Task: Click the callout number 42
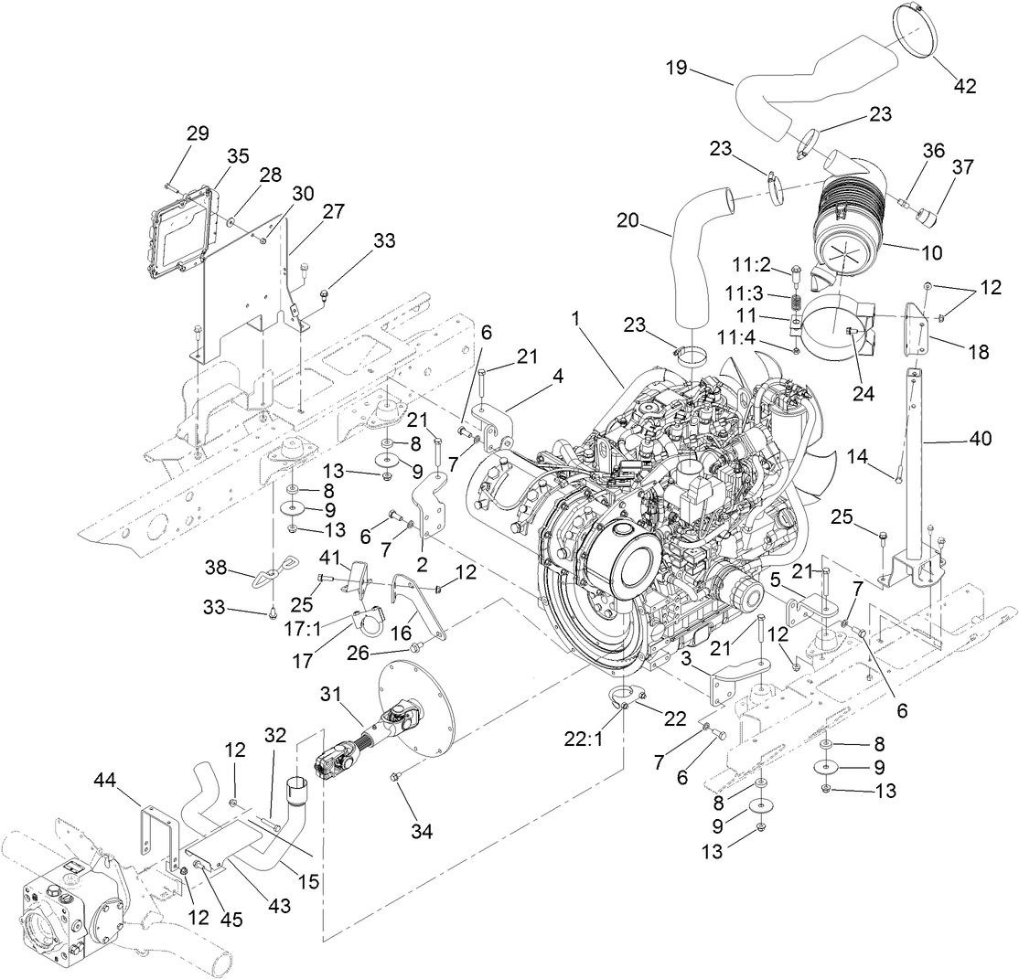[x=965, y=87]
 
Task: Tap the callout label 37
[x=961, y=166]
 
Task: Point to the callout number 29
[x=198, y=133]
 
